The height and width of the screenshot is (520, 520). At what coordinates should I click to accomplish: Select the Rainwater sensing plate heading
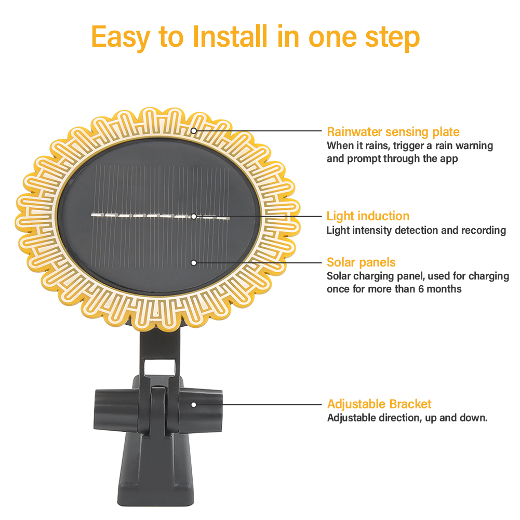[x=393, y=132]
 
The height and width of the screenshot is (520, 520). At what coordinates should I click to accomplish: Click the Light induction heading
[x=368, y=216]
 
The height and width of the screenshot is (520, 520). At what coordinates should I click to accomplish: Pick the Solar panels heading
[x=361, y=262]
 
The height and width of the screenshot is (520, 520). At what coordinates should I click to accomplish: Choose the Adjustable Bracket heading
[x=379, y=404]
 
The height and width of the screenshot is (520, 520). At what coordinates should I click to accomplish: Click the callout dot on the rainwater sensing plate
[x=194, y=130]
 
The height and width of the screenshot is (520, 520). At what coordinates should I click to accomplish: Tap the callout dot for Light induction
[x=194, y=216]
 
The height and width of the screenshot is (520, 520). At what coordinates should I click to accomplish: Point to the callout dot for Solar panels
[x=194, y=263]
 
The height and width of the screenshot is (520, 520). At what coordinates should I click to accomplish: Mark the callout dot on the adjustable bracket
[x=194, y=404]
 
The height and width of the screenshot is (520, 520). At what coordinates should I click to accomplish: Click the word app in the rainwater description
[x=447, y=159]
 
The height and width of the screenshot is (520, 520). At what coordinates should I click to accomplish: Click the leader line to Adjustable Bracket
[x=260, y=404]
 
